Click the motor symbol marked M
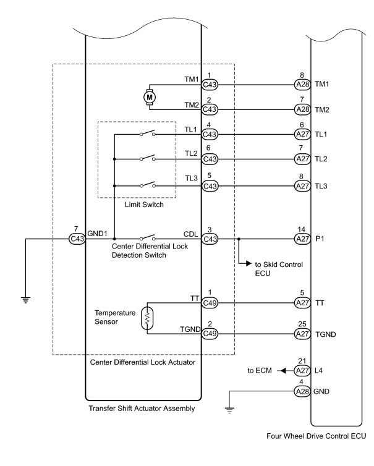(150, 97)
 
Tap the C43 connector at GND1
(77, 239)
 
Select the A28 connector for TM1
(302, 85)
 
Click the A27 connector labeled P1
(302, 239)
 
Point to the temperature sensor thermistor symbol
(147, 318)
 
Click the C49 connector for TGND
(210, 334)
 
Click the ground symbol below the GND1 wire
(25, 300)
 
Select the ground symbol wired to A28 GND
(229, 410)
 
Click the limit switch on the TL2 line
(148, 158)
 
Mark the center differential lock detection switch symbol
(148, 237)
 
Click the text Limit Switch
(144, 205)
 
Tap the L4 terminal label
(318, 371)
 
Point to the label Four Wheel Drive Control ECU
(317, 436)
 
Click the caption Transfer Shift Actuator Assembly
(142, 409)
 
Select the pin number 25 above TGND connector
(302, 324)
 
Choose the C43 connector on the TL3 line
(210, 186)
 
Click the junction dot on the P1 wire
(239, 239)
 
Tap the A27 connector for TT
(302, 303)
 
